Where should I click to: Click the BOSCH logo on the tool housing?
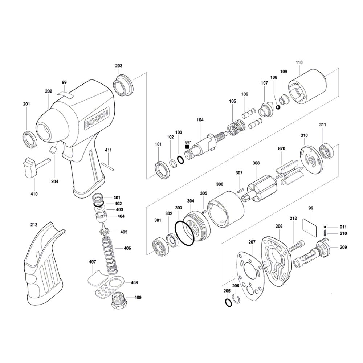click(97, 119)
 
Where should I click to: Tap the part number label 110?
click(299, 62)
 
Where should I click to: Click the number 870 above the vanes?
click(282, 148)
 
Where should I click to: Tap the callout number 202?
click(49, 91)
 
